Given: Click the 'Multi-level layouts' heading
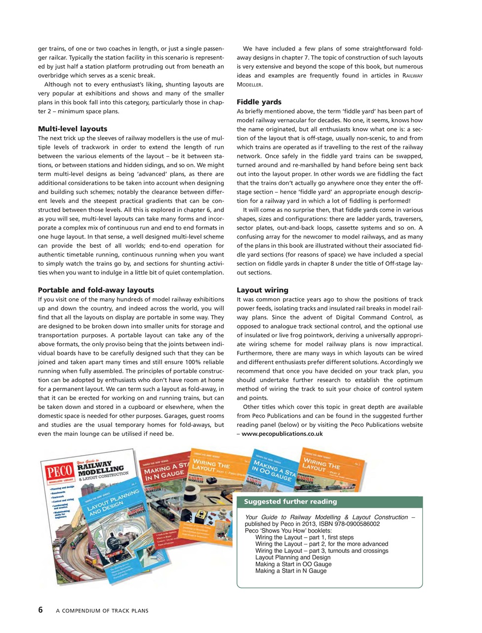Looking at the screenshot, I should click(x=73, y=129).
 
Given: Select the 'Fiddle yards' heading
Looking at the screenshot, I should click(x=259, y=102).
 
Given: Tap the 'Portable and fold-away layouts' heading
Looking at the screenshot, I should click(x=96, y=290).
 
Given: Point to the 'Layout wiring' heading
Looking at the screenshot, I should click(x=262, y=290).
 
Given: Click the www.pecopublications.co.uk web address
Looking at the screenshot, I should click(x=282, y=434).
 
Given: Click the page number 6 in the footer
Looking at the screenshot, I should click(x=40, y=610).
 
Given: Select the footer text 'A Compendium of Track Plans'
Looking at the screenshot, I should click(x=102, y=611).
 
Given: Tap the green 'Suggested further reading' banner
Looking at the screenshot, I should click(x=290, y=501).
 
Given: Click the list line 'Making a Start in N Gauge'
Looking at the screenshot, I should click(x=290, y=571).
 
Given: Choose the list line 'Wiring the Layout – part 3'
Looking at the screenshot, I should click(x=321, y=551).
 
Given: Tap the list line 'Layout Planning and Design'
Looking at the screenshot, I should click(x=293, y=557).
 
